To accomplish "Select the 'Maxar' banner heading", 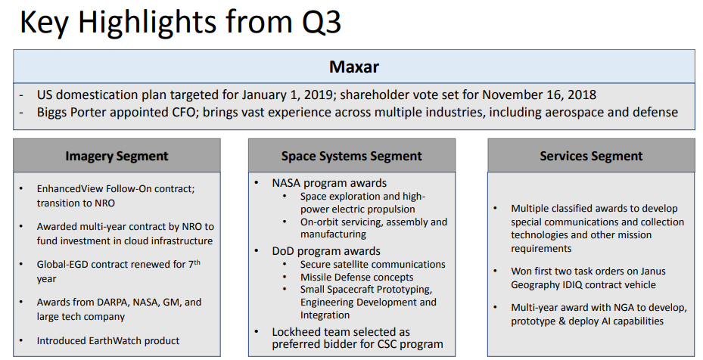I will click(x=354, y=67).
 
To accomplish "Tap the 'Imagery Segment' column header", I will click(x=117, y=157).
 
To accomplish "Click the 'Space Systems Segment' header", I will click(x=352, y=157).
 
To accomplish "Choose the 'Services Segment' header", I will click(x=591, y=157).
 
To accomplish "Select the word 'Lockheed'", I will click(x=298, y=332).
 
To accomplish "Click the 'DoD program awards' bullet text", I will click(x=326, y=250).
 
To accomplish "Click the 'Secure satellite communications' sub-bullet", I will click(x=372, y=264).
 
